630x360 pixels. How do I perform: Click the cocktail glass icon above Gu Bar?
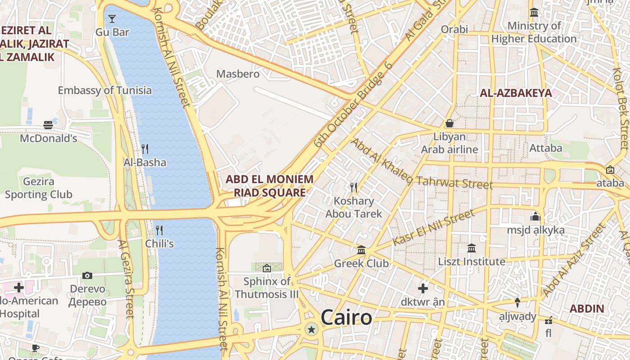point(112,19)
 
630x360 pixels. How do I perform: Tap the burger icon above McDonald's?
point(48,125)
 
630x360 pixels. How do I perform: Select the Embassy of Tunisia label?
point(105,90)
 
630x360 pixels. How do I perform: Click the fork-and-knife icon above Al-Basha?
point(145,148)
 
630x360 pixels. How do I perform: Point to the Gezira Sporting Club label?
point(38,189)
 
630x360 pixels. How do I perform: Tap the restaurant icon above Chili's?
point(159,230)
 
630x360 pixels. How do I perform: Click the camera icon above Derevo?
point(87,275)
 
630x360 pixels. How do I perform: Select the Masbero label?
point(238,74)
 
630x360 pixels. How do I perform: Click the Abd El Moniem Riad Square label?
point(269,186)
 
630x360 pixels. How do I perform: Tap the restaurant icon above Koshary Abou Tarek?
point(354,187)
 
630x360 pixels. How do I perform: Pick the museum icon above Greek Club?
point(361,250)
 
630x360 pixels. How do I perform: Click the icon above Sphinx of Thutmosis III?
point(267,268)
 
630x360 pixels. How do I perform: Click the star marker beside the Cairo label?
point(311,330)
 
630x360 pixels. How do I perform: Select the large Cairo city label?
point(346,318)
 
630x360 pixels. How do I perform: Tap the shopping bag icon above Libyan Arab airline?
point(449,123)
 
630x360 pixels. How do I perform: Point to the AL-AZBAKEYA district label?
point(516,93)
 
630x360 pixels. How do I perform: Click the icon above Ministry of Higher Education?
point(534,13)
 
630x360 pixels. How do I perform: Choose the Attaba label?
point(546,148)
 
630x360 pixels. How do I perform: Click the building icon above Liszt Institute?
point(472,248)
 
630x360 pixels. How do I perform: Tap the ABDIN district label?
point(587,309)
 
